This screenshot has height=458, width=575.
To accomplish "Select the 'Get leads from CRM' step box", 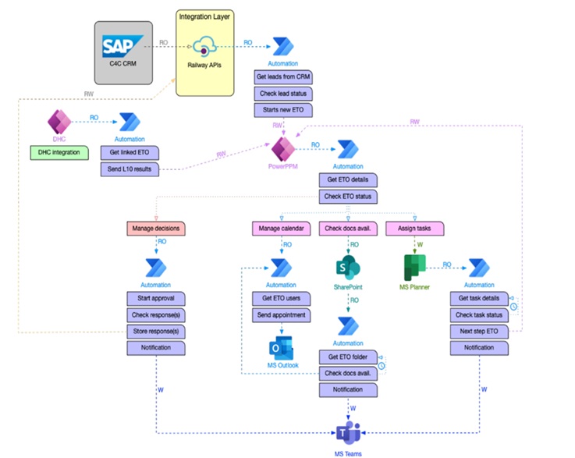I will point(284,78).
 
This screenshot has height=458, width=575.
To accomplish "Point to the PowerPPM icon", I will point(282,147).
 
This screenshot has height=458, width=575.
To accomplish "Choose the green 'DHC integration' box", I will point(61,151).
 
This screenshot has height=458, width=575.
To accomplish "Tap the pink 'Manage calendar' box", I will point(280,229).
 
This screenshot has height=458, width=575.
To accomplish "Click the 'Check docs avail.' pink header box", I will point(348,229).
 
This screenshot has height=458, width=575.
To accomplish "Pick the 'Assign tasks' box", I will point(414,229).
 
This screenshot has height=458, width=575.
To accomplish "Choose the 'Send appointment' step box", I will point(282,315).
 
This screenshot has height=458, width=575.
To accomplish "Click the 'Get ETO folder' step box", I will point(348,357).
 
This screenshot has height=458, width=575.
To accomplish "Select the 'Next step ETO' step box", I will point(477,331).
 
